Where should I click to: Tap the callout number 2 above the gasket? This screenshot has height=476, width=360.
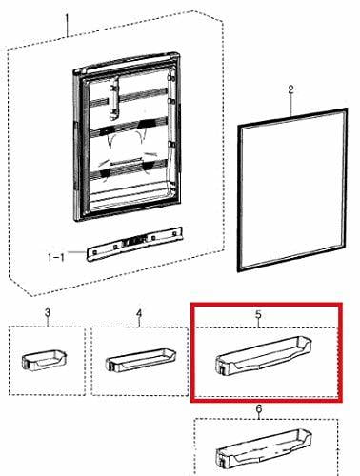tap(290, 89)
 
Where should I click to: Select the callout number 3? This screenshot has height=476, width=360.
tap(48, 312)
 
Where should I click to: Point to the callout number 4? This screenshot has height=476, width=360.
tap(139, 313)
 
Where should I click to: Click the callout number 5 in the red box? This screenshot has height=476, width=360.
tap(258, 314)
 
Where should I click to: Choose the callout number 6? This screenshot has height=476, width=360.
tap(259, 408)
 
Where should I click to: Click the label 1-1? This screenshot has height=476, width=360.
tap(56, 257)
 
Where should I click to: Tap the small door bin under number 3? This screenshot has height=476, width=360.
tap(45, 360)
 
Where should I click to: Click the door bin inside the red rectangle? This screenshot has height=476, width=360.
tap(264, 355)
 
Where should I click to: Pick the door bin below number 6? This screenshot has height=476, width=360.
tap(264, 449)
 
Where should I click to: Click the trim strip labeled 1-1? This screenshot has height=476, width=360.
tap(135, 244)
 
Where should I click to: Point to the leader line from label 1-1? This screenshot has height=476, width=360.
tap(76, 252)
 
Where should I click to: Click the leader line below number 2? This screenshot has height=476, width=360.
tap(291, 106)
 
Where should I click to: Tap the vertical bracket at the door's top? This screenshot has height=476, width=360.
tap(113, 99)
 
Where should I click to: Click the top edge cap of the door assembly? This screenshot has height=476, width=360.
tap(127, 64)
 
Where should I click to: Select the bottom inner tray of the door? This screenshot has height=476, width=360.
tap(133, 195)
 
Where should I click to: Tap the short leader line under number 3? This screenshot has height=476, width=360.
tap(48, 323)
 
